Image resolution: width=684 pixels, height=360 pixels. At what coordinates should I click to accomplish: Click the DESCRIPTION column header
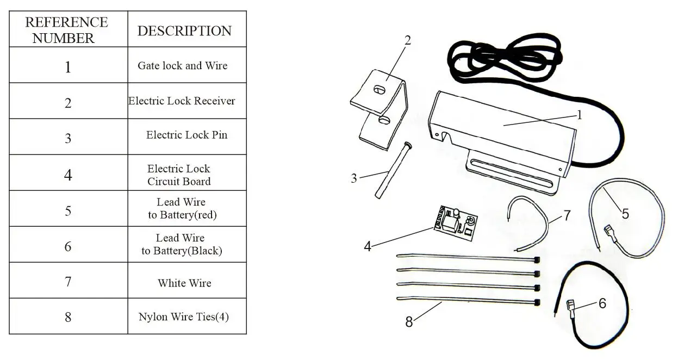click(184, 30)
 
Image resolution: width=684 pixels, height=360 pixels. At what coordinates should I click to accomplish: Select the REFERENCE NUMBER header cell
click(67, 30)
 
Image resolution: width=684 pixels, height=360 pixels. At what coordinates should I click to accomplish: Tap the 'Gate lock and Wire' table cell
click(183, 66)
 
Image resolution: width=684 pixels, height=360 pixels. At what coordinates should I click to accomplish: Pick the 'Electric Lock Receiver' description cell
click(182, 101)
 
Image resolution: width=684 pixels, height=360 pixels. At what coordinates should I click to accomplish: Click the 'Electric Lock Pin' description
click(186, 135)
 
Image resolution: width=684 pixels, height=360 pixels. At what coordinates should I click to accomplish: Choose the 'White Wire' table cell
click(184, 283)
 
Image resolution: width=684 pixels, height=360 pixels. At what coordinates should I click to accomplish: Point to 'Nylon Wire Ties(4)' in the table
click(184, 316)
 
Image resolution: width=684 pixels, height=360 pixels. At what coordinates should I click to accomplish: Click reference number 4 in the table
click(68, 175)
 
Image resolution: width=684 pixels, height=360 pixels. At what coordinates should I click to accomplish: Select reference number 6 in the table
click(68, 246)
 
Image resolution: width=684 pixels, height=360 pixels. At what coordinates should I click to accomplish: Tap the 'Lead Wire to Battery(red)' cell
click(182, 209)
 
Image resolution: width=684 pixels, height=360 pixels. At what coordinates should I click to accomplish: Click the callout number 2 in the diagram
click(408, 40)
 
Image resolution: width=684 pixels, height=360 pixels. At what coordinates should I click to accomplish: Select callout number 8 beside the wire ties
click(409, 322)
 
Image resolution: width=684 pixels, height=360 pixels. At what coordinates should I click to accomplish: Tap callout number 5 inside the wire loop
click(625, 214)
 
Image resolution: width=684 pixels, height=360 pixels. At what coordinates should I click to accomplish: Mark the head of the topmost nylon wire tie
click(537, 259)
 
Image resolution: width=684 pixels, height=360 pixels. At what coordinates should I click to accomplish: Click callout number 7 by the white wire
click(567, 216)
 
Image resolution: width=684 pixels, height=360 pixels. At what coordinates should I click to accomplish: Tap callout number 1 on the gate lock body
click(579, 115)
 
